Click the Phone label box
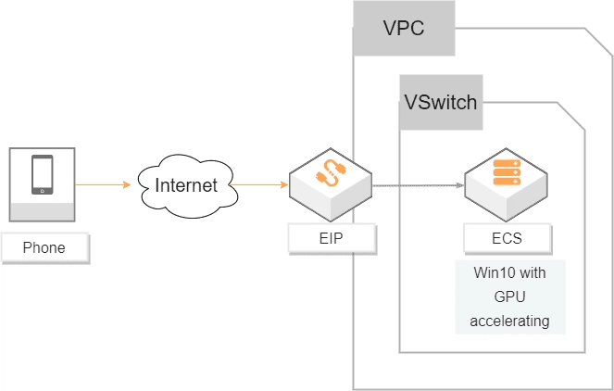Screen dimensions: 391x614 tap(44, 248)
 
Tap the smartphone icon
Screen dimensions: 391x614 tap(43, 175)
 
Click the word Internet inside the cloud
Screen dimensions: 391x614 tap(186, 185)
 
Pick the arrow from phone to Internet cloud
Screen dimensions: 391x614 tap(104, 185)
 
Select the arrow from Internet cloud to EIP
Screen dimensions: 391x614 tap(264, 185)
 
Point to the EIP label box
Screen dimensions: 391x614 tap(332, 238)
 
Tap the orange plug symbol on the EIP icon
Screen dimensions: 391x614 tap(332, 173)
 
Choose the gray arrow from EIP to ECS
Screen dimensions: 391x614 tap(417, 185)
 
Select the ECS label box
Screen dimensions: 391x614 tap(507, 238)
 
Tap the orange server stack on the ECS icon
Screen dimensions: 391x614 tap(507, 172)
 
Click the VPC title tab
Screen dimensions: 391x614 tap(404, 28)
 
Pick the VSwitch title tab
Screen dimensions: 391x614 tap(441, 102)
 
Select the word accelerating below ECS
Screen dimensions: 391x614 tap(510, 322)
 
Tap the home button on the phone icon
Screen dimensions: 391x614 tap(43, 191)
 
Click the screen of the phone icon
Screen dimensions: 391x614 tap(43, 172)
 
